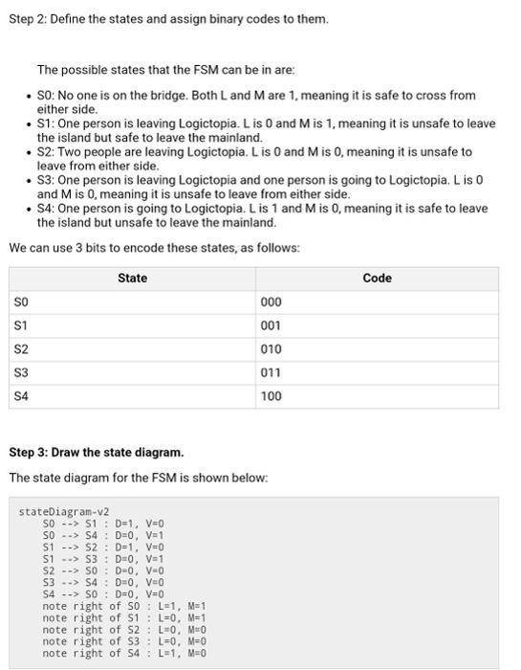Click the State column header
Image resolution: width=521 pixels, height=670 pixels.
132,279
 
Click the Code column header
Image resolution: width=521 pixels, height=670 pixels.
377,279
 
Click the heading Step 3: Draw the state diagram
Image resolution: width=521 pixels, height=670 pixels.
96,452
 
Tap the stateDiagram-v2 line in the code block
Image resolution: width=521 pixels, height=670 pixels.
64,512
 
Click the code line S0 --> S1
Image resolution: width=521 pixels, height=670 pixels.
103,524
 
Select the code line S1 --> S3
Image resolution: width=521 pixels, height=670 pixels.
103,559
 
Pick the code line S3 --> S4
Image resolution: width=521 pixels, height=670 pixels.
103,582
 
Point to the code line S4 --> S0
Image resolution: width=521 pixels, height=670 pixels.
103,594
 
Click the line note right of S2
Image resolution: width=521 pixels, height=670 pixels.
124,630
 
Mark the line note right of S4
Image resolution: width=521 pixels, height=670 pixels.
124,653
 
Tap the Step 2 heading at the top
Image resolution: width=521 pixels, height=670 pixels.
168,19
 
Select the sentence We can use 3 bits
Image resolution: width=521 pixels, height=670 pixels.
154,248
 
